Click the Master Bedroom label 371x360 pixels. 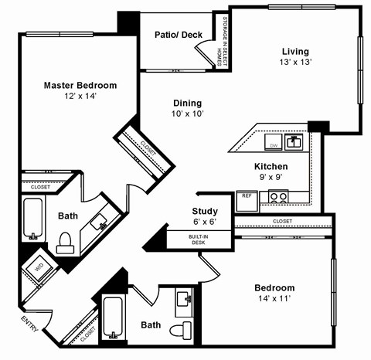point(80,85)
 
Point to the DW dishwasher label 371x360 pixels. point(273,144)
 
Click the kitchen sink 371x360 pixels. point(294,142)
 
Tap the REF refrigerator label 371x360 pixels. point(247,195)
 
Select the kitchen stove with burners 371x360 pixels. point(278,196)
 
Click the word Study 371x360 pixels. point(205,211)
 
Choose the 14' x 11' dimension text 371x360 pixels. point(274,300)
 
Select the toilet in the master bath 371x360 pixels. point(66,242)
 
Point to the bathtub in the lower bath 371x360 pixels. point(113,317)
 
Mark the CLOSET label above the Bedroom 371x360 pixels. point(282,221)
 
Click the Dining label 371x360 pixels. point(187,103)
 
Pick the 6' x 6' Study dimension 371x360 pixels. point(205,222)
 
